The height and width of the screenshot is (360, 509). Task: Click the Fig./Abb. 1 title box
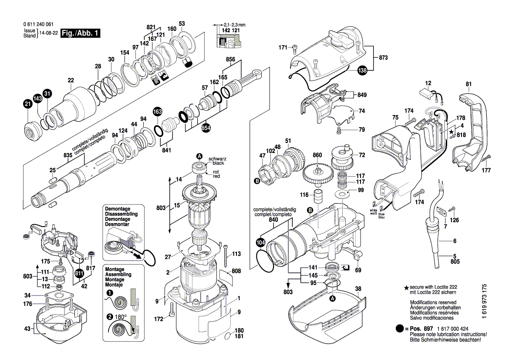click(80, 33)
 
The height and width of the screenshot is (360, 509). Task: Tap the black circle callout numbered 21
click(27, 104)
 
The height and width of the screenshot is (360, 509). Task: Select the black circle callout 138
click(362, 70)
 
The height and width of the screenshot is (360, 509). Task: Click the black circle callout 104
click(260, 242)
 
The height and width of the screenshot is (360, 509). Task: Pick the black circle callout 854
click(206, 128)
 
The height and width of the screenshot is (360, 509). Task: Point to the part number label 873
click(383, 58)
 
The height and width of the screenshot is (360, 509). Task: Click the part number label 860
click(317, 155)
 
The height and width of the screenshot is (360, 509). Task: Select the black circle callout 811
click(79, 273)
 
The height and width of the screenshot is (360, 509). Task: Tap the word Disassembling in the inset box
click(121, 214)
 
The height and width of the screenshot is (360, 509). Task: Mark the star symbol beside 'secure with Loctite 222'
click(406, 288)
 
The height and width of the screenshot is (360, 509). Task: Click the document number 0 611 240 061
click(38, 24)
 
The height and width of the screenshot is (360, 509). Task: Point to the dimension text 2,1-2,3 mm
click(234, 25)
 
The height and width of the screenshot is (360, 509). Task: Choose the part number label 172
click(158, 319)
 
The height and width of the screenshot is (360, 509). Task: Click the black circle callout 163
click(157, 112)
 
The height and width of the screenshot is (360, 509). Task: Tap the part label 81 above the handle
click(469, 84)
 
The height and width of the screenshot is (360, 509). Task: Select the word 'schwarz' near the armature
click(218, 159)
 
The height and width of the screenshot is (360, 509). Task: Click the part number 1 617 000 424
click(452, 329)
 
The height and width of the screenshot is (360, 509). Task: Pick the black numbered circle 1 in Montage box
click(110, 293)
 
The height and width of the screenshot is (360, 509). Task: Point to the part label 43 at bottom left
click(27, 329)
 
